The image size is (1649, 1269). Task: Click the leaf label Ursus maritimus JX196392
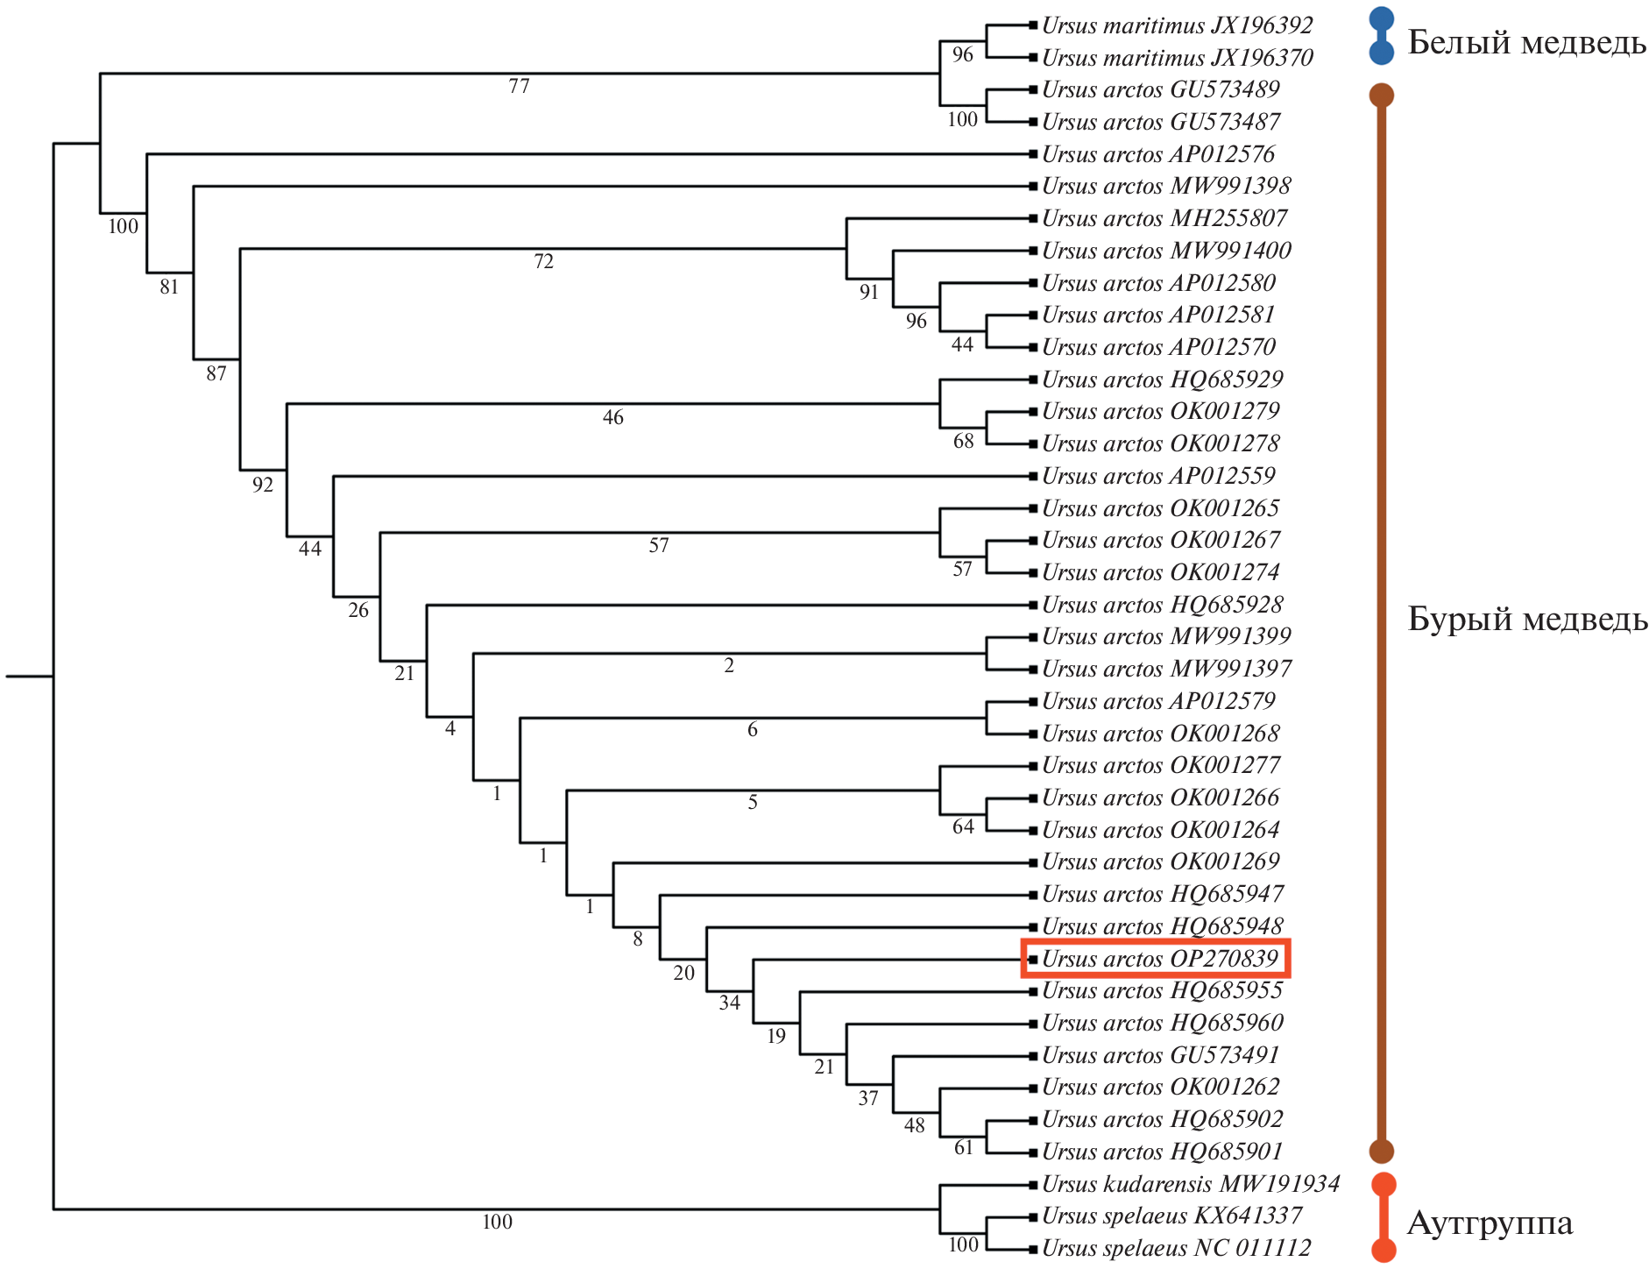[x=1177, y=26]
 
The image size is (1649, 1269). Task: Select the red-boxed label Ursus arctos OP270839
[x=1159, y=959]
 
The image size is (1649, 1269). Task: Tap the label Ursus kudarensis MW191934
[x=1190, y=1184]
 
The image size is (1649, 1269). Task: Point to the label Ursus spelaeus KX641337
[x=1171, y=1216]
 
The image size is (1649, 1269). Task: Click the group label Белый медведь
[x=1526, y=42]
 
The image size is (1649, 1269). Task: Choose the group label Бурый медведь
[x=1527, y=619]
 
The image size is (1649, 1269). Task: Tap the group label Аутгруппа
[x=1490, y=1223]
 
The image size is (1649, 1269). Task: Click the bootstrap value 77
[x=519, y=86]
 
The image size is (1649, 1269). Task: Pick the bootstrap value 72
[x=543, y=261]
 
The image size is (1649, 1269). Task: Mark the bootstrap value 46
[x=612, y=417]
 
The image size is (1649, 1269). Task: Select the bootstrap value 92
[x=263, y=485]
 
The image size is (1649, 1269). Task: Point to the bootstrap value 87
[x=216, y=373]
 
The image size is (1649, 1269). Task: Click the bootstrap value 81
[x=169, y=287]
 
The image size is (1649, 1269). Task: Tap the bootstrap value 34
[x=730, y=1003]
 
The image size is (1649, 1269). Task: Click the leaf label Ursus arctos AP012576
[x=1157, y=154]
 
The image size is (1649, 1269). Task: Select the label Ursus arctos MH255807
[x=1164, y=218]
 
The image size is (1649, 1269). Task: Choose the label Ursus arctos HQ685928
[x=1162, y=605]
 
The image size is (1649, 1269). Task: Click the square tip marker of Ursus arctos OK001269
[x=1033, y=862]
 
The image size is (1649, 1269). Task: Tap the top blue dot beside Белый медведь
[x=1382, y=18]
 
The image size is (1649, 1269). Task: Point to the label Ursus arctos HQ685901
[x=1162, y=1152]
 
